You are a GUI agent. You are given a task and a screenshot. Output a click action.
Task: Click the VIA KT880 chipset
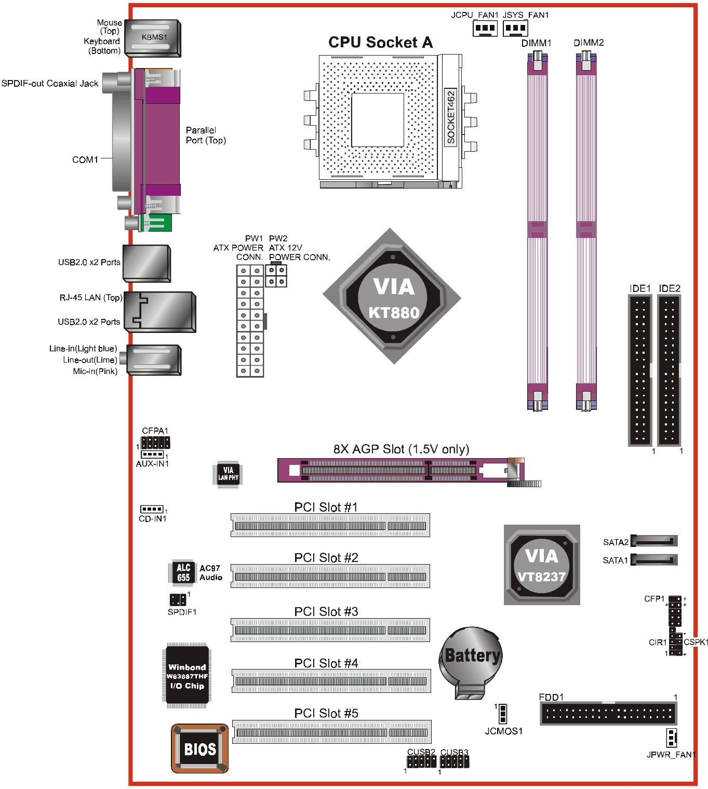click(x=392, y=297)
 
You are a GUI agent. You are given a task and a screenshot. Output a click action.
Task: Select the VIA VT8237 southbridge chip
click(x=542, y=565)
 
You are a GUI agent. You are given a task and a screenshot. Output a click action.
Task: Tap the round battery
click(x=471, y=663)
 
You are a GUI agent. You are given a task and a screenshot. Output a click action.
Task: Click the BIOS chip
click(x=200, y=748)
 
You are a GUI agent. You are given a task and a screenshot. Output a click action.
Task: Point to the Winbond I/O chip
click(x=186, y=676)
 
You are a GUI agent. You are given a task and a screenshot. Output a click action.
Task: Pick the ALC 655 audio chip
click(x=183, y=572)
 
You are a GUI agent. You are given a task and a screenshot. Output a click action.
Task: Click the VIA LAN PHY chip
click(x=228, y=474)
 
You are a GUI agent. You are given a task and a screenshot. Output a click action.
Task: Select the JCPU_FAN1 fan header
click(x=485, y=29)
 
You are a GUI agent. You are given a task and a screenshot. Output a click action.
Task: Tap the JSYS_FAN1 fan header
click(x=515, y=29)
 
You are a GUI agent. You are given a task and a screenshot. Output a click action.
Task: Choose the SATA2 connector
click(x=654, y=541)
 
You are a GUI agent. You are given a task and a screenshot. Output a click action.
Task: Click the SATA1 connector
click(x=654, y=559)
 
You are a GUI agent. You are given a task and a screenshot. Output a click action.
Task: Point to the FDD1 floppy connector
click(x=608, y=714)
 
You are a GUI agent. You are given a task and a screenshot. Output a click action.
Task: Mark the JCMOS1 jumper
click(x=502, y=714)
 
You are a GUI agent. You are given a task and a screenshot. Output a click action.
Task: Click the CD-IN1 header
click(x=152, y=509)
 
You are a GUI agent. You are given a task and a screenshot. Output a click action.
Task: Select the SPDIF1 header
click(x=178, y=599)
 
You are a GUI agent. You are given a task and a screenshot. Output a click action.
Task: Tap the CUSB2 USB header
click(x=422, y=762)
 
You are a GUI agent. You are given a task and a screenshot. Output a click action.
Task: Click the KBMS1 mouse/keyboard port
click(x=153, y=38)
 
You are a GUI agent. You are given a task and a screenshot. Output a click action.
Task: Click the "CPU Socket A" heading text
click(x=380, y=42)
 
